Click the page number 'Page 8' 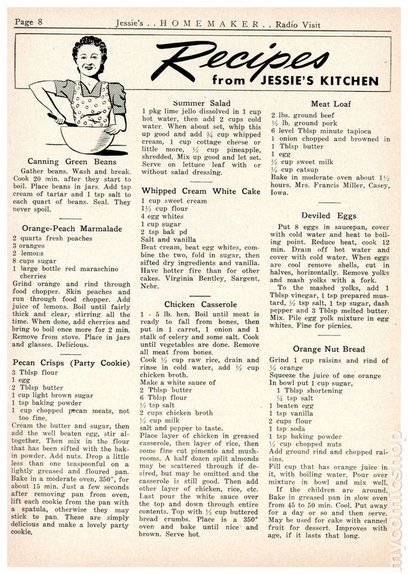click(29, 22)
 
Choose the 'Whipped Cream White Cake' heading click(201, 192)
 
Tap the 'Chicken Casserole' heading click(201, 304)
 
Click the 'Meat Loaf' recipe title click(330, 105)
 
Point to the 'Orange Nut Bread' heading click(330, 349)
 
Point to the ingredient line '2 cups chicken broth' click(177, 413)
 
